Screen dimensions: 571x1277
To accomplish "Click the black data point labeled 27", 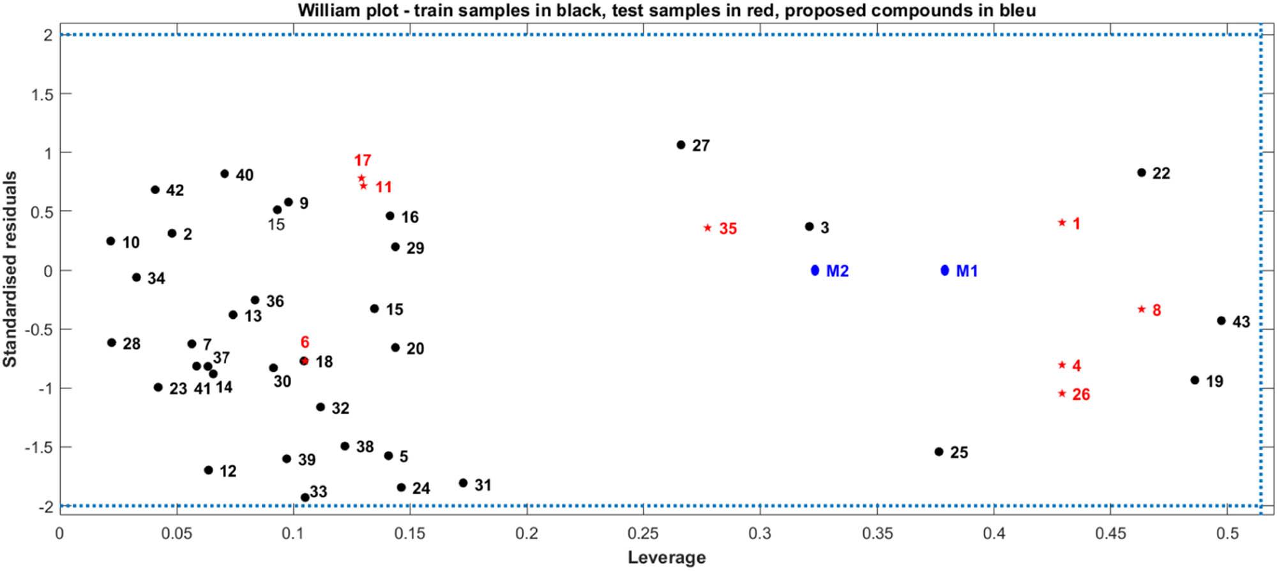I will pyautogui.click(x=681, y=145).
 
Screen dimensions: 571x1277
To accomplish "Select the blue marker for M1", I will pyautogui.click(x=945, y=270).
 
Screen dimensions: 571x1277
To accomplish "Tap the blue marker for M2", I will pyautogui.click(x=815, y=270).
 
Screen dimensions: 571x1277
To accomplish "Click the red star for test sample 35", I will pyautogui.click(x=707, y=228).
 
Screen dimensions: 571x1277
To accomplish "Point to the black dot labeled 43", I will pyautogui.click(x=1221, y=321).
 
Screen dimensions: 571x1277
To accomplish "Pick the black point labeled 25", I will pyautogui.click(x=939, y=452).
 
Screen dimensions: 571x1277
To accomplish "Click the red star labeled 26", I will pyautogui.click(x=1062, y=393).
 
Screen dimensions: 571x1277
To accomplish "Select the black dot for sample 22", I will pyautogui.click(x=1142, y=172).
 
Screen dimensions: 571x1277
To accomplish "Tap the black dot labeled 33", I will pyautogui.click(x=305, y=498).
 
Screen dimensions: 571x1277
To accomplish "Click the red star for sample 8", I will pyautogui.click(x=1142, y=309).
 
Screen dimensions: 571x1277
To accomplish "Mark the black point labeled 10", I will pyautogui.click(x=110, y=241).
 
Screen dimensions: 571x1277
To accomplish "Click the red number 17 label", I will pyautogui.click(x=363, y=160).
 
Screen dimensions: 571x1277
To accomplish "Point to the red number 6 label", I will pyautogui.click(x=305, y=342).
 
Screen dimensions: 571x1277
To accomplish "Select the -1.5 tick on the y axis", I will pyautogui.click(x=38, y=447).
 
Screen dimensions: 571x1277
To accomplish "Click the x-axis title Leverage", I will pyautogui.click(x=667, y=558).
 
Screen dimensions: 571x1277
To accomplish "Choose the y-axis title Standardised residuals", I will pyautogui.click(x=10, y=270).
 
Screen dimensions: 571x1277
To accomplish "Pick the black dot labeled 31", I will pyautogui.click(x=463, y=483).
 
